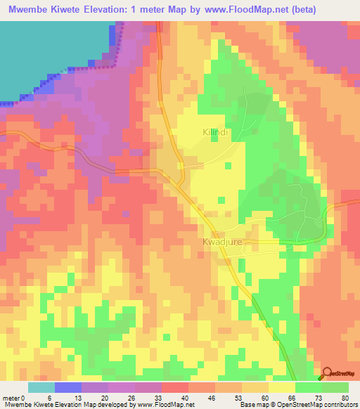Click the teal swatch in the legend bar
pos(41,387)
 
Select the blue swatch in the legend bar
pos(68,387)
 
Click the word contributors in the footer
pos(340,405)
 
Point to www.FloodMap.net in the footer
pos(150,405)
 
